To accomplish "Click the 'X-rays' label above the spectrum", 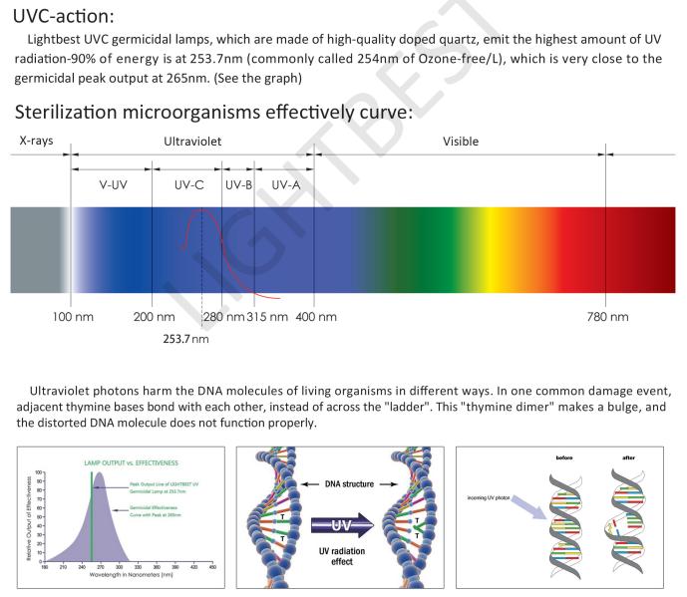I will pos(37,142).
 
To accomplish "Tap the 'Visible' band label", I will pos(461,142).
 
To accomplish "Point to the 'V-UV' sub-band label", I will pos(113,184).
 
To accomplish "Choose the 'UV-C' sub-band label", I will pos(188,184).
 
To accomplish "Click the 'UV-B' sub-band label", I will pos(238,184).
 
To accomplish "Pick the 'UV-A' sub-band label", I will pos(285,184).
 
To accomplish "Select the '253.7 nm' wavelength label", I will pos(186,339).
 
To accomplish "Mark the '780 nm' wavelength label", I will pos(606,317).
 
